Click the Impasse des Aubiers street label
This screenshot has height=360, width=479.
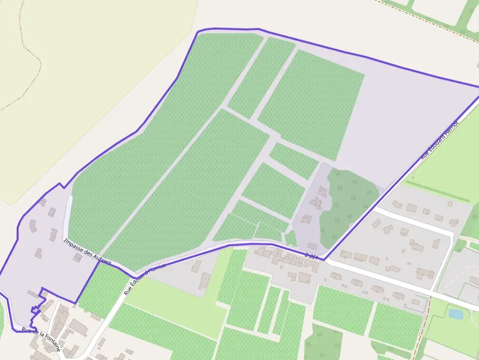pyautogui.click(x=87, y=252)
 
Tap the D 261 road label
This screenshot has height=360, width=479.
pyautogui.click(x=311, y=256)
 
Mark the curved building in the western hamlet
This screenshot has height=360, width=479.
pyautogui.click(x=34, y=226)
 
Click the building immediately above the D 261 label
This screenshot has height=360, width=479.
pyautogui.click(x=312, y=246)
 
